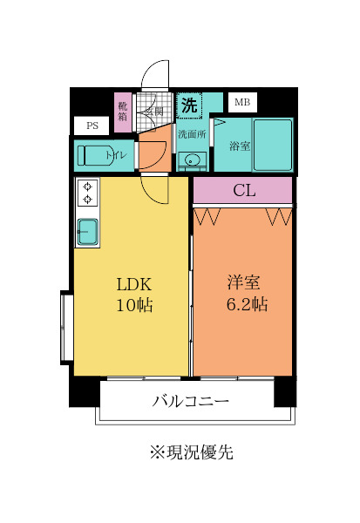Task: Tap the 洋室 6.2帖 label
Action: [247, 294]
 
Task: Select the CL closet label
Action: [244, 191]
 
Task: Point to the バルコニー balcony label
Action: [191, 402]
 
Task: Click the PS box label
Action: [92, 126]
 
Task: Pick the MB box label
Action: [241, 103]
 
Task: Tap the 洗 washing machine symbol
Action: [188, 105]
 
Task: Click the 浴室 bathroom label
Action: [240, 146]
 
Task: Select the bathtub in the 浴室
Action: [272, 145]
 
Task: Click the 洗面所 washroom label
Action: [192, 134]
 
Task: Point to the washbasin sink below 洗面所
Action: [192, 160]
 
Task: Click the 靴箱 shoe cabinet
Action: [124, 112]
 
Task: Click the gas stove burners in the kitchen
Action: [87, 193]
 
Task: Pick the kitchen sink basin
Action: [87, 231]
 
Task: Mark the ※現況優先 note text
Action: [191, 452]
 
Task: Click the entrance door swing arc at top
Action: [154, 73]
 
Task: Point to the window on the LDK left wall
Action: [65, 327]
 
